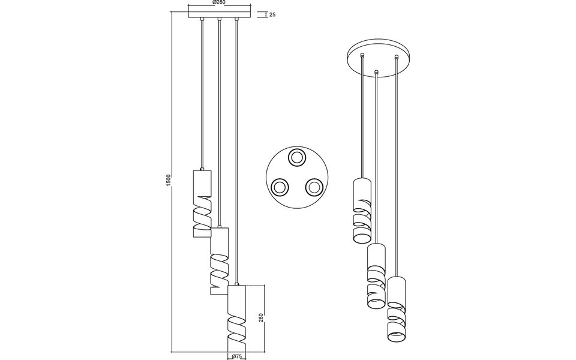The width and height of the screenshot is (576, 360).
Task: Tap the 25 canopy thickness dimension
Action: tap(272, 14)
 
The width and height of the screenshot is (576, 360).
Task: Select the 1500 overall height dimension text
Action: tap(169, 180)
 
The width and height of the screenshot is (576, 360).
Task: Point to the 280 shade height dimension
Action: tap(260, 317)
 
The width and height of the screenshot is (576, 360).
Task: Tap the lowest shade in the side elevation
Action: tap(237, 317)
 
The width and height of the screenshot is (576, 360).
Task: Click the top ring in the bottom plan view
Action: tap(296, 158)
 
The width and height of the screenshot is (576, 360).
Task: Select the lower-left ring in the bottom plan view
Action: tap(280, 188)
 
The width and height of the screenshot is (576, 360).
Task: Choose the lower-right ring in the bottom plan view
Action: tap(313, 188)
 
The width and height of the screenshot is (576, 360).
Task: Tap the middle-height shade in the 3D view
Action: tap(376, 275)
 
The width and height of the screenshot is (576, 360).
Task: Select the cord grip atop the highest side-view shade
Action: tap(203, 169)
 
